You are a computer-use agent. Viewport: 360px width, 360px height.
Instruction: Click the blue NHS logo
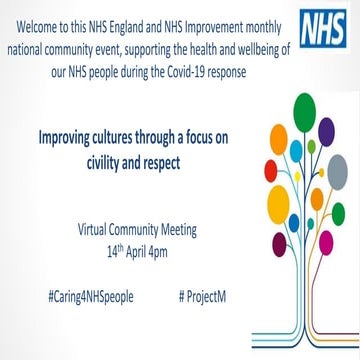click(x=328, y=22)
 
